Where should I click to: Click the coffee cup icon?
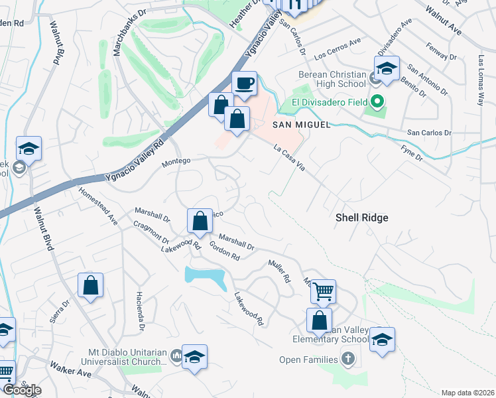[244, 84]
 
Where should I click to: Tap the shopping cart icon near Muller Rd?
[323, 291]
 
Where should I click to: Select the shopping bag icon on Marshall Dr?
[200, 221]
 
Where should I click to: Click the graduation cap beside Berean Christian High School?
[387, 68]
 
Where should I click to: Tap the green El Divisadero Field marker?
[377, 102]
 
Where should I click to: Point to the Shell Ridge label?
[361, 218]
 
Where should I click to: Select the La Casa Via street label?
[289, 159]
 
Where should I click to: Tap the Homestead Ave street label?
[98, 206]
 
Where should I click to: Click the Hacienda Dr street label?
[141, 311]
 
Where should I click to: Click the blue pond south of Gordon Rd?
[205, 277]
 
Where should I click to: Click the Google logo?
[22, 390]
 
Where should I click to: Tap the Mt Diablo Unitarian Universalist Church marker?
[176, 357]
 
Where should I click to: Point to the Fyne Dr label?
[412, 153]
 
